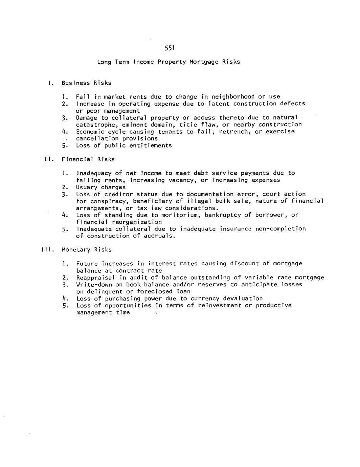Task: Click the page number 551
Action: tap(169, 48)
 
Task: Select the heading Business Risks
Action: tap(86, 83)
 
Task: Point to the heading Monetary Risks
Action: tap(86, 250)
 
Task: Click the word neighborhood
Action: tap(232, 97)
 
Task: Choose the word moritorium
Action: tap(181, 215)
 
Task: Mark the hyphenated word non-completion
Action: tap(280, 229)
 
